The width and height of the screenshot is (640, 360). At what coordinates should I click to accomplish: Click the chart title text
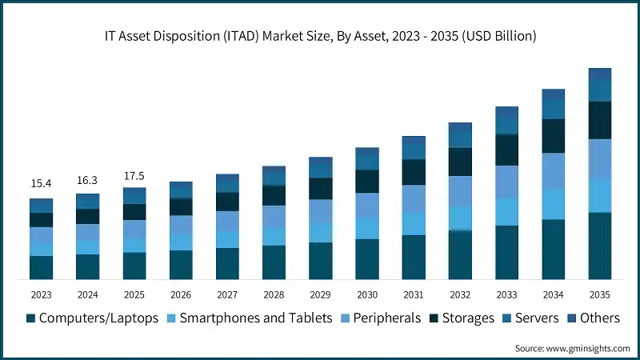coord(320,36)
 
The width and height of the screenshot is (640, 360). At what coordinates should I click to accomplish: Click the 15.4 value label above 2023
coord(41,184)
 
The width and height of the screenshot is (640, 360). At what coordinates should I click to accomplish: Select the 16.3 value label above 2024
coord(87,180)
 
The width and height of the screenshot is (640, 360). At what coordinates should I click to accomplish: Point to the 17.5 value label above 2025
coord(134,175)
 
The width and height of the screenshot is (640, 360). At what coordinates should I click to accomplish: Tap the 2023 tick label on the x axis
coord(41,294)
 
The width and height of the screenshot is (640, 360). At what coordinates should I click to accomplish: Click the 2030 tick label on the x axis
coord(366,294)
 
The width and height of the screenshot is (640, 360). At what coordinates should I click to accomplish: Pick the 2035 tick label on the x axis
coord(599,294)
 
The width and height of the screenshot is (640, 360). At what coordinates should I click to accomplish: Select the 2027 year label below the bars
coord(227,294)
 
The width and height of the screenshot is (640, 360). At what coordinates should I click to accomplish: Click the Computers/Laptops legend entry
coord(92,318)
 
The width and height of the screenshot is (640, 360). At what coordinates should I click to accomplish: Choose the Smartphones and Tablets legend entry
coord(248,318)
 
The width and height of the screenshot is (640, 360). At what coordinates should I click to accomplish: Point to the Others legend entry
coord(592,318)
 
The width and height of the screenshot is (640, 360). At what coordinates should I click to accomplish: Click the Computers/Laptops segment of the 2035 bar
coord(599,246)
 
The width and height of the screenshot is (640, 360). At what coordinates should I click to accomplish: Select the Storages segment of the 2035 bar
coord(599,120)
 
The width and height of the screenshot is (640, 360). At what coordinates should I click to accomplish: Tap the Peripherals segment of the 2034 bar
coord(553,170)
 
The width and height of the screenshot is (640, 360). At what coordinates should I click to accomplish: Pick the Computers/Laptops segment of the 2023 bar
coord(41,267)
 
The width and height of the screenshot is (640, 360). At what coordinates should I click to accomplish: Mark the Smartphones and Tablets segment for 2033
coord(506,212)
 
